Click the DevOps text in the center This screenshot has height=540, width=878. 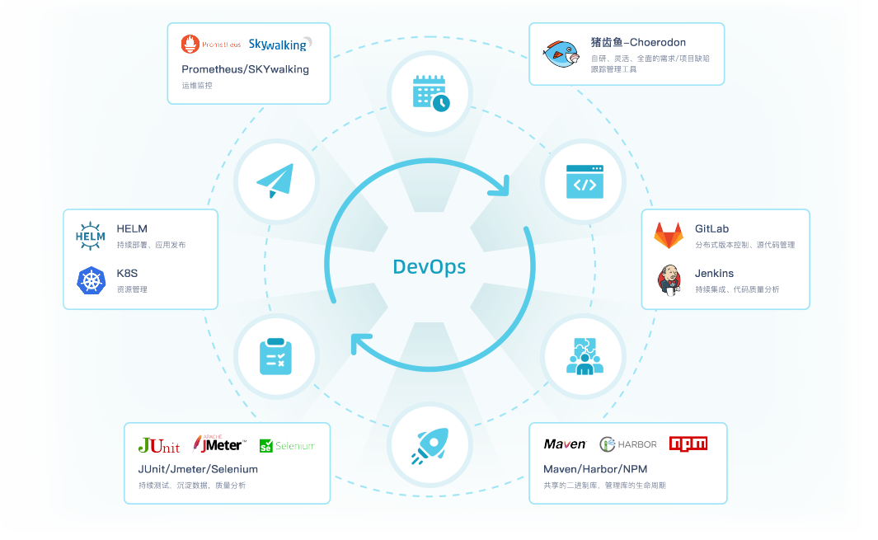tap(429, 266)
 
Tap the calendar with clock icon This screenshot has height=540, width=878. tap(430, 92)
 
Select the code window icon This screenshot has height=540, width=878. tap(585, 181)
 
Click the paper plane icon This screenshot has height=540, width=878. tap(275, 181)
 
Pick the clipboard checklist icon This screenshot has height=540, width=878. tap(275, 356)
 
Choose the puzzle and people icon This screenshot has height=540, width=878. tap(585, 356)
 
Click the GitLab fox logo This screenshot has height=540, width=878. tap(669, 236)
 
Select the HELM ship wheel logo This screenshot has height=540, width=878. tap(91, 236)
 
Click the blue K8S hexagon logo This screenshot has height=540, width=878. tap(91, 280)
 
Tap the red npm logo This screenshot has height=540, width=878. tap(688, 444)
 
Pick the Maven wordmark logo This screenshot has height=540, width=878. tap(565, 444)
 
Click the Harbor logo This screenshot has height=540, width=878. tap(628, 444)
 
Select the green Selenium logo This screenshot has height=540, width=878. tap(287, 446)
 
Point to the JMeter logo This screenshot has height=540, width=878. tap(218, 444)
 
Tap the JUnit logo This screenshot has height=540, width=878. tap(159, 445)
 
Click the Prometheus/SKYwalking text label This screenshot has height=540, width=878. tap(246, 69)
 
